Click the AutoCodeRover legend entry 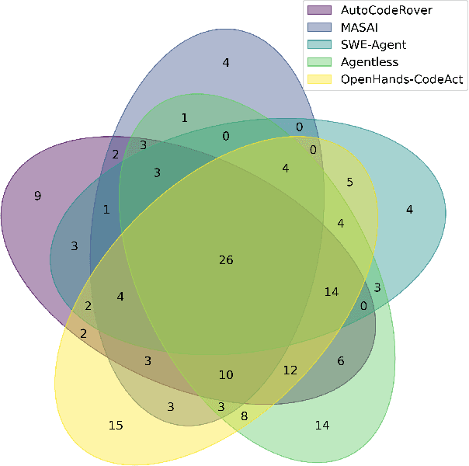(x=375, y=10)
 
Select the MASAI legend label (x=354, y=27)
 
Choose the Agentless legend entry (x=364, y=61)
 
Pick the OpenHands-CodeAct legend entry (x=392, y=78)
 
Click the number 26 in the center (x=226, y=259)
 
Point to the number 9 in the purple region (x=37, y=196)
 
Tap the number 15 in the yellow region (x=116, y=425)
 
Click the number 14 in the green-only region (x=322, y=425)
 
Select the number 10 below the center (x=225, y=375)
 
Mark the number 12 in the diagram (x=290, y=370)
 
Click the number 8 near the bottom (x=245, y=416)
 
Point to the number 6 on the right (x=340, y=361)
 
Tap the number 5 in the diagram (x=349, y=183)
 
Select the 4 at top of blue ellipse (x=226, y=62)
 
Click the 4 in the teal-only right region (x=409, y=208)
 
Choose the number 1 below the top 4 (x=185, y=118)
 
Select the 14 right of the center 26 (x=332, y=292)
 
